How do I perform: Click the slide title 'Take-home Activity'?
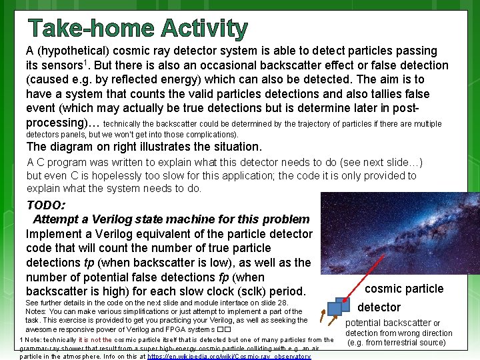click(137, 29)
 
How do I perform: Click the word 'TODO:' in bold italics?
click(45, 205)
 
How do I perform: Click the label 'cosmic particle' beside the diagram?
click(403, 289)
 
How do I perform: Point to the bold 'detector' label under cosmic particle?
click(379, 307)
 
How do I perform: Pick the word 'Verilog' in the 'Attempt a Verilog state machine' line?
click(109, 219)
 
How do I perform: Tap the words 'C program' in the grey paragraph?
click(62, 162)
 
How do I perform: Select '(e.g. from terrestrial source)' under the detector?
click(397, 343)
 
